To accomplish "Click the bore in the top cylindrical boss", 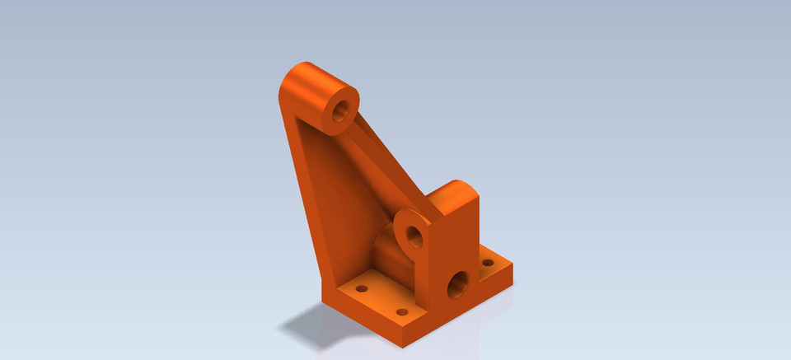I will coord(341,110).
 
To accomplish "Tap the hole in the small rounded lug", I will coord(415,238).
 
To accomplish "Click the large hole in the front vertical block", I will coord(456,288).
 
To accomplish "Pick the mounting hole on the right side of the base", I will coord(488,264).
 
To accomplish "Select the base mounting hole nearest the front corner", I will coord(402,313).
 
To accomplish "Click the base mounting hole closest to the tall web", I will coord(360,290).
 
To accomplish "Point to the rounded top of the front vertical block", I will coord(456,193).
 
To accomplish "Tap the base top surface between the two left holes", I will coord(381,301).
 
